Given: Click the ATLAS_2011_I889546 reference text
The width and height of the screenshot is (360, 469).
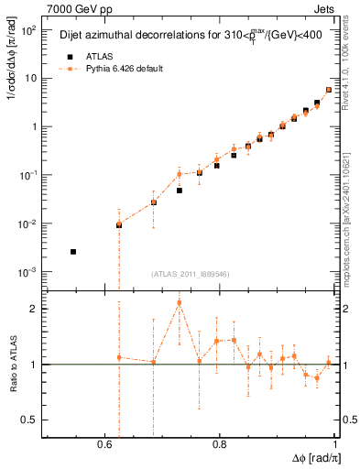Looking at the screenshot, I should click(190, 274).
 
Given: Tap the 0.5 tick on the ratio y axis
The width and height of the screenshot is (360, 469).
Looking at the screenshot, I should click(32, 420).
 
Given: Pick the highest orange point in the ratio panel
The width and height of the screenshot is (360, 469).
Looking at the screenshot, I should click(180, 302).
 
